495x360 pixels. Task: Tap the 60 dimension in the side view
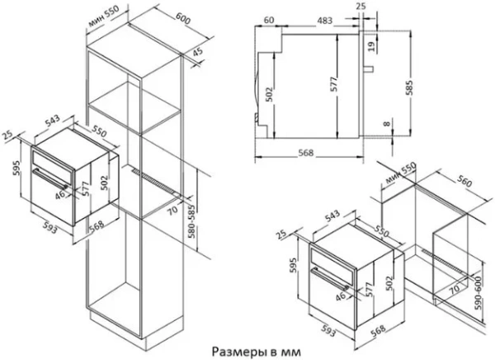pyautogui.click(x=269, y=17)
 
